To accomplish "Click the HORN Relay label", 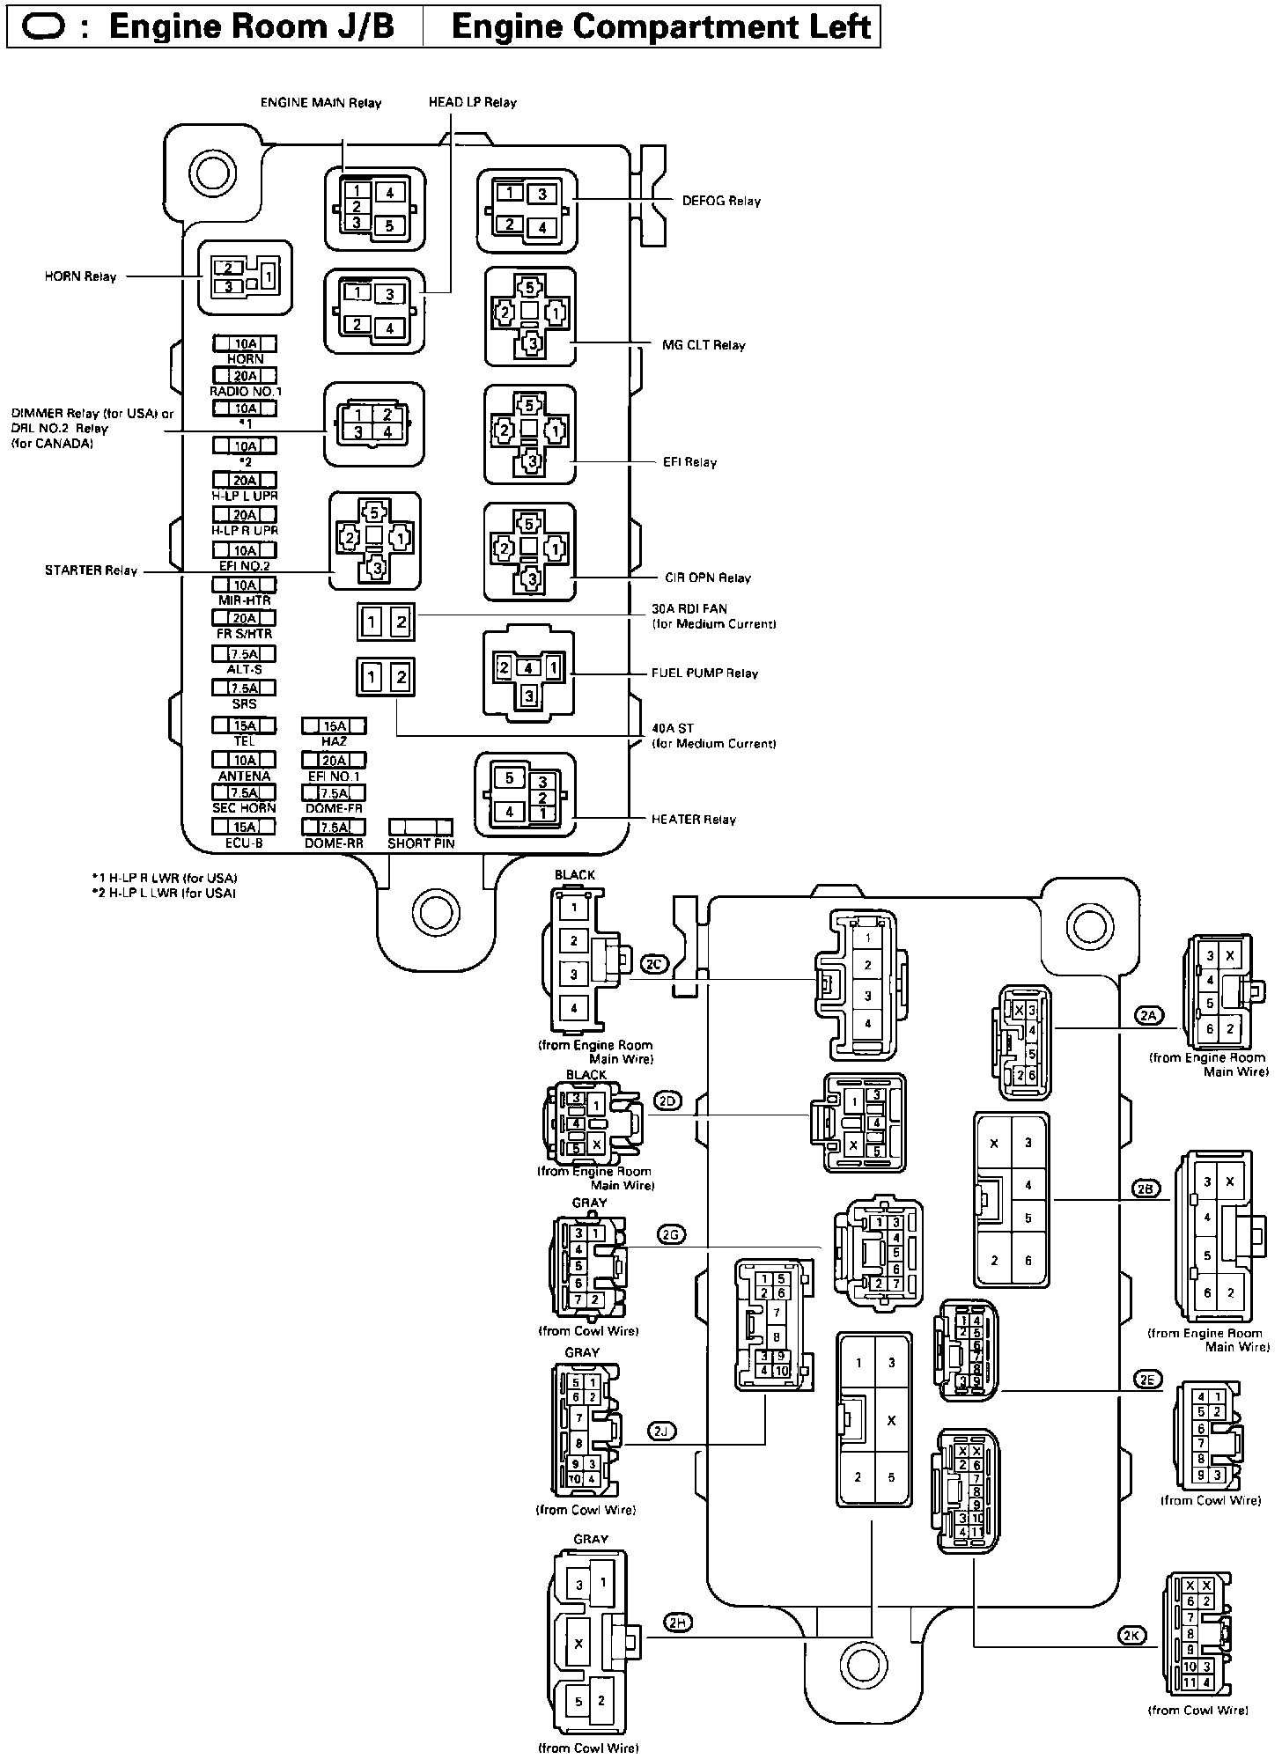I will (80, 276).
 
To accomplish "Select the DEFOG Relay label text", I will (721, 201).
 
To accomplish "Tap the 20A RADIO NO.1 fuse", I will (245, 376).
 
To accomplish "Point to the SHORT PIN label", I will (421, 843).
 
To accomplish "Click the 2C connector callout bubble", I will (654, 964).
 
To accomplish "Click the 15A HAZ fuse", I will (334, 726).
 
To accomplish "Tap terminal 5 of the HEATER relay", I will (510, 778).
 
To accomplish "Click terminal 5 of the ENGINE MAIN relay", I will (390, 226).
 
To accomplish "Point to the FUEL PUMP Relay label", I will (704, 673).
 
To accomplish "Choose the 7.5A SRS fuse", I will (244, 688).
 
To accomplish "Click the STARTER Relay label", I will (91, 570).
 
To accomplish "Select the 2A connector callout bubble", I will (1147, 1015).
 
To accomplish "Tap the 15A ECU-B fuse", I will (244, 827).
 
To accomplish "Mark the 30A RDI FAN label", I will (689, 608).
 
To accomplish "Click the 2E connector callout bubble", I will (1146, 1380).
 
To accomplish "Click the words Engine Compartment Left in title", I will (660, 26).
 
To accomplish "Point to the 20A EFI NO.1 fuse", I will (334, 760).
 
